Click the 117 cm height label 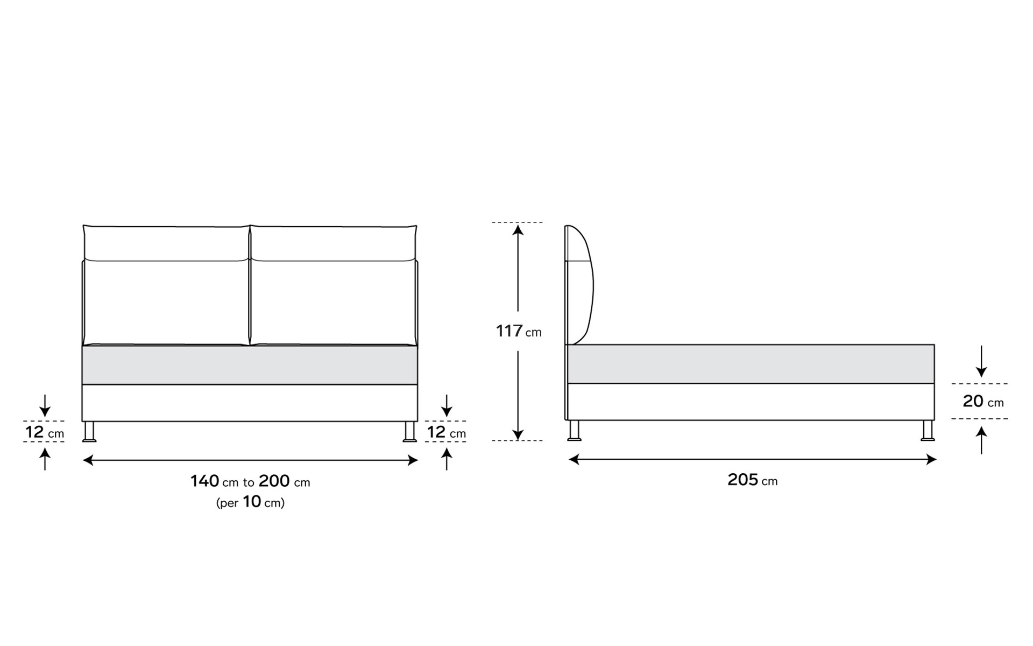click(519, 331)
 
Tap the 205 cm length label click(752, 480)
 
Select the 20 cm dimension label click(983, 401)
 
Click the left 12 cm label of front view click(45, 432)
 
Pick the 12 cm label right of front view click(447, 432)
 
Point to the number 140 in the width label click(205, 481)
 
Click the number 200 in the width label click(274, 481)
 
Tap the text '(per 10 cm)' click(250, 502)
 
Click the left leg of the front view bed click(89, 432)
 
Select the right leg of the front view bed click(410, 432)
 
